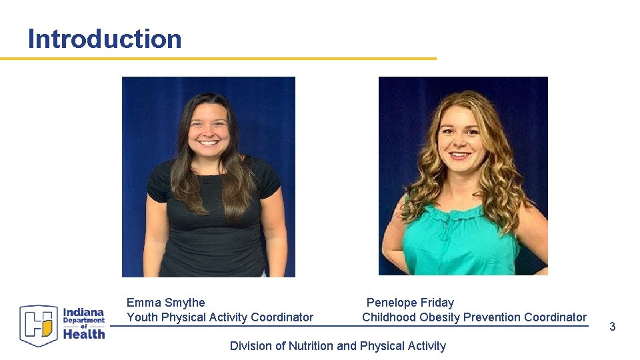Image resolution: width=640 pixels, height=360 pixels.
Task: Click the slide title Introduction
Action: pos(105,39)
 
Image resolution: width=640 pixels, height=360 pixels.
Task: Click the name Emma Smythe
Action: pos(165,303)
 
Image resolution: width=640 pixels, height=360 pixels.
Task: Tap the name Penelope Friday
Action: pos(410,303)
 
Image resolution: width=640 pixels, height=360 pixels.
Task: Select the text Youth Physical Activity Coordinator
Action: pos(219,317)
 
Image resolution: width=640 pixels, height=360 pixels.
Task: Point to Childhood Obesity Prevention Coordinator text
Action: pos(474,317)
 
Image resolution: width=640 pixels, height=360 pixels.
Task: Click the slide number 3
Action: pos(612,327)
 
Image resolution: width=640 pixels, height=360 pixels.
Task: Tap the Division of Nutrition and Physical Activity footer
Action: pos(337,345)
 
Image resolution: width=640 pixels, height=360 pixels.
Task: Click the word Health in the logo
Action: pos(84,334)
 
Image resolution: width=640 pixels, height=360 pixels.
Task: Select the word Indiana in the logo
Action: pos(83,312)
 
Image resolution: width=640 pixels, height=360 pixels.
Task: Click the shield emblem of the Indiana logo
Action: pos(39,325)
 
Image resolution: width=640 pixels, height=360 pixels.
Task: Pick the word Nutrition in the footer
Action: pos(311,345)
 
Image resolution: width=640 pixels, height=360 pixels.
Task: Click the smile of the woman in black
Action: pos(208,143)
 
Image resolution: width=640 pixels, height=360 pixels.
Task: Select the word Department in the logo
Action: pos(84,321)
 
